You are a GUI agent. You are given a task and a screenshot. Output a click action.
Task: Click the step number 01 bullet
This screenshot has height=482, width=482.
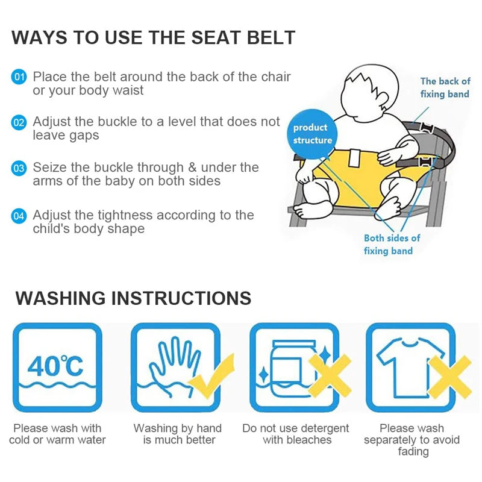coord(19,77)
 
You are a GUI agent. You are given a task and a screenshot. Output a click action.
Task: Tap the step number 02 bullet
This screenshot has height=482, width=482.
coord(19,122)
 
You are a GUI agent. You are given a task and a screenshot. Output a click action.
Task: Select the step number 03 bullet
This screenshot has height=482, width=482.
coord(19,168)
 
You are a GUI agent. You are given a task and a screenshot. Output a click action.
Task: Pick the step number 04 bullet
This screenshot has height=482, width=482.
coord(19,215)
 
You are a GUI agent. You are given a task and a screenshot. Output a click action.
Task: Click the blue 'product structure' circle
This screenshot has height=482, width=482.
coord(312,134)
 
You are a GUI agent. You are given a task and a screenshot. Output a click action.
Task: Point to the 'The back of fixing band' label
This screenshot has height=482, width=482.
coord(445,87)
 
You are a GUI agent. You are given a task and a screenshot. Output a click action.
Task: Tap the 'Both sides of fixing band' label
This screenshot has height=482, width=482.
coord(392,244)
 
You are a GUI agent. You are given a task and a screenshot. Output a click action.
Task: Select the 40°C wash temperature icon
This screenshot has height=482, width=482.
coord(55,368)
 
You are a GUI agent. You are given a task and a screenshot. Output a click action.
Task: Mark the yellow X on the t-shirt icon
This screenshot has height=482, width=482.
coord(449,377)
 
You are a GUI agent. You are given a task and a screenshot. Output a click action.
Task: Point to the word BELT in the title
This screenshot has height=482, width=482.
coord(268,37)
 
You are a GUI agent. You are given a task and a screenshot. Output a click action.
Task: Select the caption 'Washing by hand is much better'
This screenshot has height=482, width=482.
coord(178,434)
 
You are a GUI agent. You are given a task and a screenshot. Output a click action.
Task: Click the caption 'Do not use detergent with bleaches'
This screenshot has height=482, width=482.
coord(296,434)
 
